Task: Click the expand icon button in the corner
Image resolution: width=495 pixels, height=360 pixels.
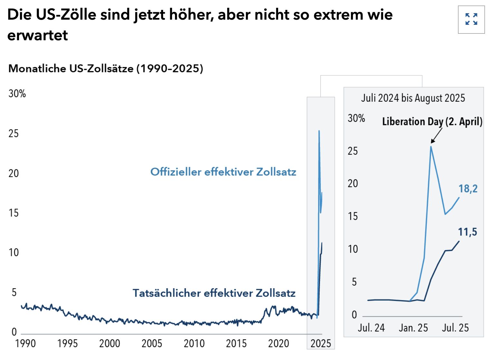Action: tap(471, 19)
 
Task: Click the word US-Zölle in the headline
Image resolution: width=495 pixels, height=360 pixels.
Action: tap(64, 15)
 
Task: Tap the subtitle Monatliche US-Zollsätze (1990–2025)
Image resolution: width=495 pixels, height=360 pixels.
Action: tap(106, 69)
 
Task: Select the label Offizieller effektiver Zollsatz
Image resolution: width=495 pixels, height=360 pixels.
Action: tap(223, 172)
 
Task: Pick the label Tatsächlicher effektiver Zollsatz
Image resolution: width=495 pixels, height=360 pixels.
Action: tap(214, 293)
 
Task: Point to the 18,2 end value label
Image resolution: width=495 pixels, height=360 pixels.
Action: tap(468, 189)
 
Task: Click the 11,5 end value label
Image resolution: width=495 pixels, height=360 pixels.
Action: tap(467, 232)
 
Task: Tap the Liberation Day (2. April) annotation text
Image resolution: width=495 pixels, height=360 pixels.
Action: tap(432, 122)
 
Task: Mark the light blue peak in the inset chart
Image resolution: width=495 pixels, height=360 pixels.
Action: tap(431, 147)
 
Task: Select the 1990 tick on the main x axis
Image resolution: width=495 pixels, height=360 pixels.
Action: tap(25, 344)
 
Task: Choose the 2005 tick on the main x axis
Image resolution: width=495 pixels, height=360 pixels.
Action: tap(152, 344)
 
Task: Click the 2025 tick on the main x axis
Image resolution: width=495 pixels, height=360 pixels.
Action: tap(321, 344)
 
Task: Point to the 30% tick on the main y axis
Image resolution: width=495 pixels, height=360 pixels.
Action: tap(17, 94)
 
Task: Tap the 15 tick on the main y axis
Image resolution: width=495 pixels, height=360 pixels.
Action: tap(14, 213)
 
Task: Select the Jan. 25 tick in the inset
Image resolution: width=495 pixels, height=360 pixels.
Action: tap(413, 328)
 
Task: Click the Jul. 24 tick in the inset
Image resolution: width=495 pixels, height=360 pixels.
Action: tap(371, 328)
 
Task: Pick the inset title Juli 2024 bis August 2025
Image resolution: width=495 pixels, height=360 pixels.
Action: tap(413, 98)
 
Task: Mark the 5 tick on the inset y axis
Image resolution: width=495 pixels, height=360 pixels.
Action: tap(354, 282)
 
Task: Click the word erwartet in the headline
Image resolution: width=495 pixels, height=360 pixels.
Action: tap(37, 35)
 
